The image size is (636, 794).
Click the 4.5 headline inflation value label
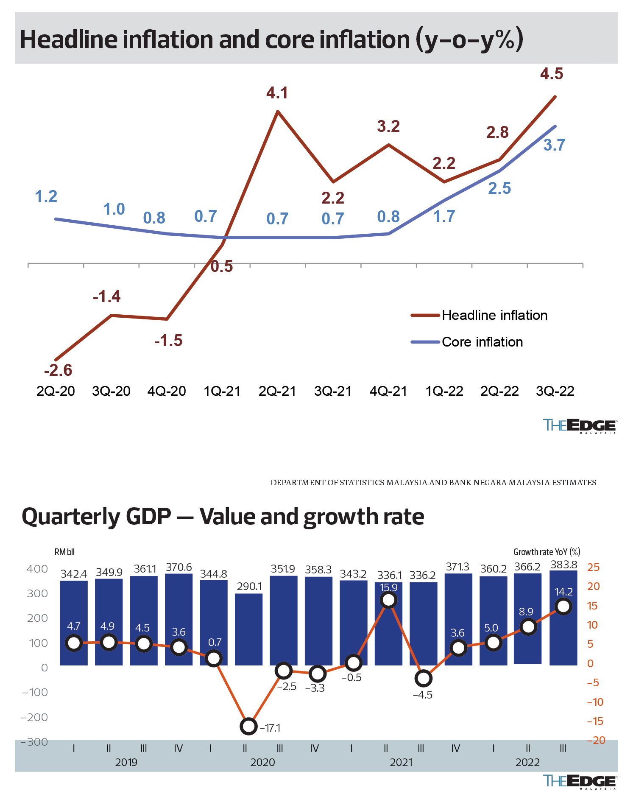(552, 74)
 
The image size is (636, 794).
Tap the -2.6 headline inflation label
(58, 370)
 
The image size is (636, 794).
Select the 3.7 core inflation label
(554, 145)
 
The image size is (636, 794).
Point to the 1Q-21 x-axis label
(222, 391)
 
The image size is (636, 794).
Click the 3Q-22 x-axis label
(555, 391)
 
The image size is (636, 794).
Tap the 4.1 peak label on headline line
(277, 93)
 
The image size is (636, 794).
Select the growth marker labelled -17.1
(248, 726)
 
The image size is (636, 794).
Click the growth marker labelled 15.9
(389, 600)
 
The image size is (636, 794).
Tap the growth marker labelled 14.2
(563, 607)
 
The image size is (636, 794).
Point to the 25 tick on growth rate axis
(593, 567)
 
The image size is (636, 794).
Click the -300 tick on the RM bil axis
(35, 741)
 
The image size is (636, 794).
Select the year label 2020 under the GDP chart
(262, 762)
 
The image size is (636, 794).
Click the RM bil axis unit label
(64, 552)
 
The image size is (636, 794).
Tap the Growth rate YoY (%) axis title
(547, 552)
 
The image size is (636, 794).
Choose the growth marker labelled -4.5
(424, 678)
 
